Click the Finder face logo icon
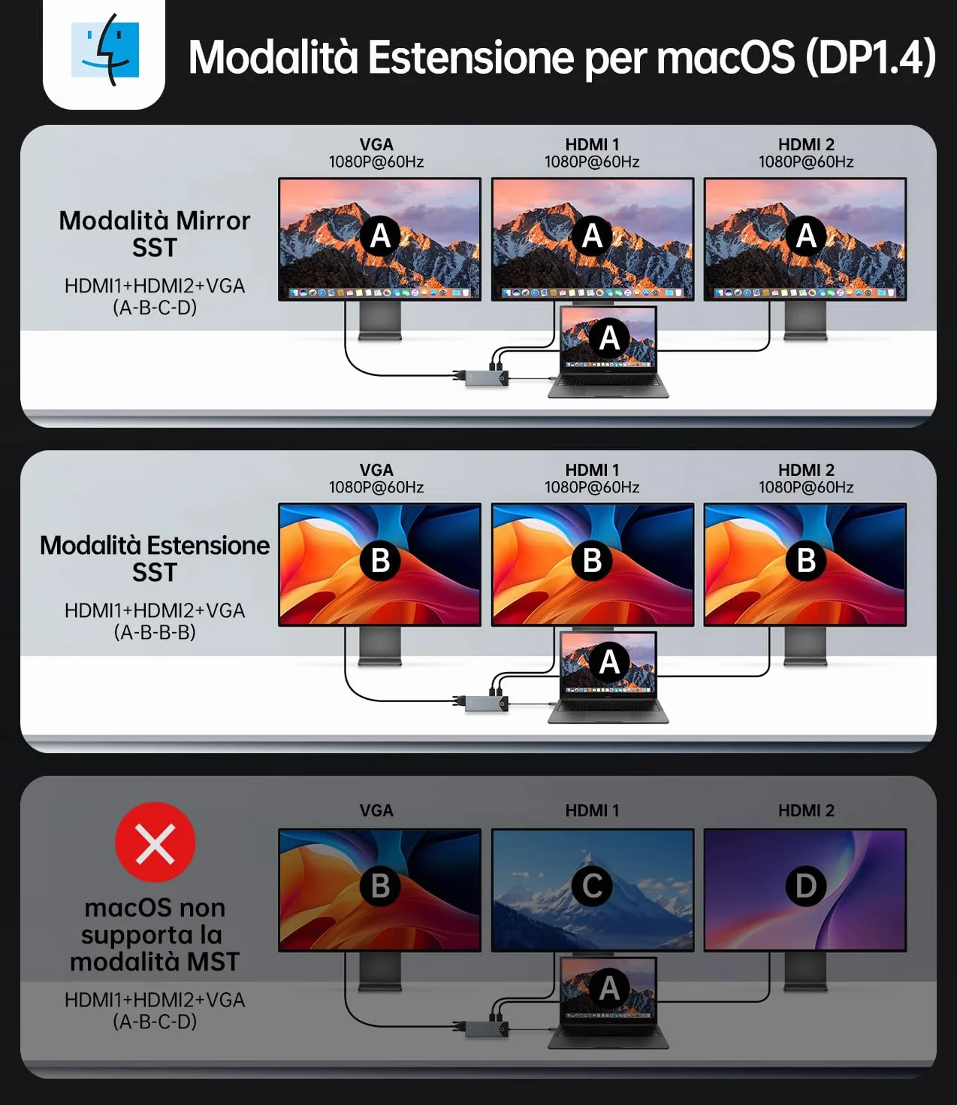(105, 50)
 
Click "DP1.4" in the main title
(871, 57)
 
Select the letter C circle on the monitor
(591, 886)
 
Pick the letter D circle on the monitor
(806, 886)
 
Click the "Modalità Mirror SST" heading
(155, 234)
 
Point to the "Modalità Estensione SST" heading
(155, 559)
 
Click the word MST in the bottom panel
(213, 962)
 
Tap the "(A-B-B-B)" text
(155, 632)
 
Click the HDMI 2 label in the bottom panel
(806, 810)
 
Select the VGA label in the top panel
(376, 144)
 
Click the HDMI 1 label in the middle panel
(592, 470)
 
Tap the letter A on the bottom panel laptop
(609, 988)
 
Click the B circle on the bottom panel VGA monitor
(380, 886)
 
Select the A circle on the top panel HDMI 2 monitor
(806, 236)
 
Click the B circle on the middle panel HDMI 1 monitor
(591, 561)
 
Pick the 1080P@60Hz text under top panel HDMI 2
(806, 162)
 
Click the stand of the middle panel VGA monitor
(380, 646)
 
